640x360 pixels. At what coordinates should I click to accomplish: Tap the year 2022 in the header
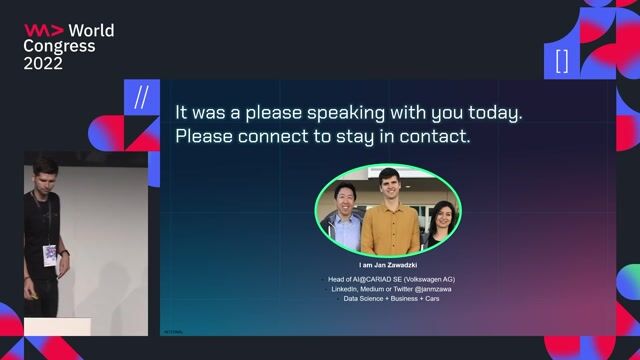pyautogui.click(x=43, y=63)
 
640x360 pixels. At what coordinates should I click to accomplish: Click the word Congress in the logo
pyautogui.click(x=60, y=46)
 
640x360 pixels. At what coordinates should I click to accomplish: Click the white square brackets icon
pyautogui.click(x=561, y=60)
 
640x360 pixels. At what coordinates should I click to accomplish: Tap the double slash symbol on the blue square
pyautogui.click(x=141, y=97)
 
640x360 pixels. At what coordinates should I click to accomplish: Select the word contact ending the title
pyautogui.click(x=435, y=135)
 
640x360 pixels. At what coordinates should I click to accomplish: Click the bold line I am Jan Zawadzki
pyautogui.click(x=387, y=265)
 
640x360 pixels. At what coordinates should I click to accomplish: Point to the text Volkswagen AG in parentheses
pyautogui.click(x=424, y=278)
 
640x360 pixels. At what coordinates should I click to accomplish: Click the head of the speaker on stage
pyautogui.click(x=43, y=171)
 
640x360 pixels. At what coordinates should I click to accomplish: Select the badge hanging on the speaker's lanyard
pyautogui.click(x=49, y=255)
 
